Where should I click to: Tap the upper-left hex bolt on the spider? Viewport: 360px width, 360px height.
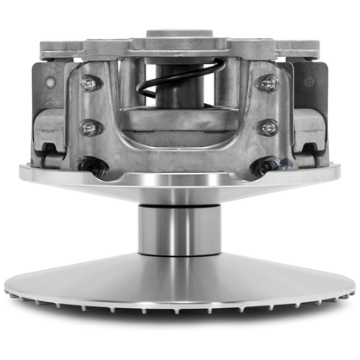87,84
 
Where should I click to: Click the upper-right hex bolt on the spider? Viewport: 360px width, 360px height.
269,83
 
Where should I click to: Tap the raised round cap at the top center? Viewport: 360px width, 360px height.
179,35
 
